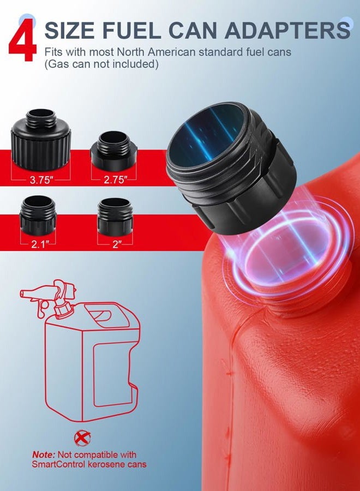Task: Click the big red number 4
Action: [22, 40]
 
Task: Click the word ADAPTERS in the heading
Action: [287, 31]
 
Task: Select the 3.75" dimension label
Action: [41, 180]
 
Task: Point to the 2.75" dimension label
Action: [116, 180]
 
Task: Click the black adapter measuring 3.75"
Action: [41, 139]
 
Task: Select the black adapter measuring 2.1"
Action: [38, 215]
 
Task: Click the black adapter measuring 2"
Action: [115, 216]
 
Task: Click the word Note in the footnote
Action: [44, 454]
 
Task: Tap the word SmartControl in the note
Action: [58, 464]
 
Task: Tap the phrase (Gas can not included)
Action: [101, 64]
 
